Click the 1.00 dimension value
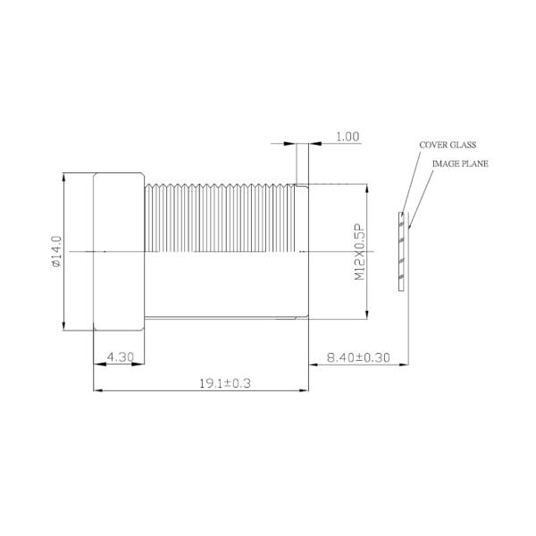tap(348, 137)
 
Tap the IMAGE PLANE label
tap(460, 163)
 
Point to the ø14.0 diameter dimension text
tap(55, 252)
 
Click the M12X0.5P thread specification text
tap(360, 253)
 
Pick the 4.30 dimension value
tap(121, 356)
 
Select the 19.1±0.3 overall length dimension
tap(199, 383)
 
